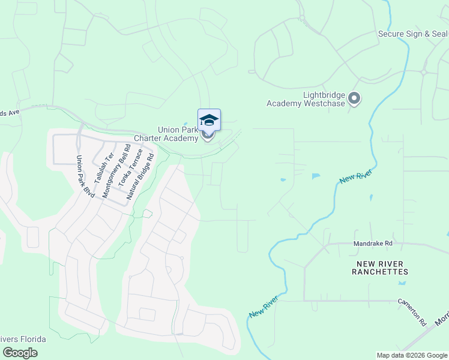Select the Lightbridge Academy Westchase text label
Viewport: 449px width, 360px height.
tap(307, 99)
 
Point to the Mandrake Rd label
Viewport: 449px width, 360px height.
tap(372, 244)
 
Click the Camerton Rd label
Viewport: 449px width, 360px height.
tap(411, 308)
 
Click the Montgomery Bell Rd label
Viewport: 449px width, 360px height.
tap(116, 171)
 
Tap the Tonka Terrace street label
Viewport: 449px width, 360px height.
tap(130, 174)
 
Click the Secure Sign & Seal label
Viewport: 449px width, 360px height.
tap(413, 34)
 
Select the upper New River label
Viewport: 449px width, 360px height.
tap(356, 176)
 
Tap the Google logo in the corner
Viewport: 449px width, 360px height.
tap(20, 353)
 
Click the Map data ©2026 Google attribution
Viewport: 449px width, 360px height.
tap(412, 355)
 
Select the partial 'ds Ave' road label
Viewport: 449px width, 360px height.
tap(10, 111)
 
